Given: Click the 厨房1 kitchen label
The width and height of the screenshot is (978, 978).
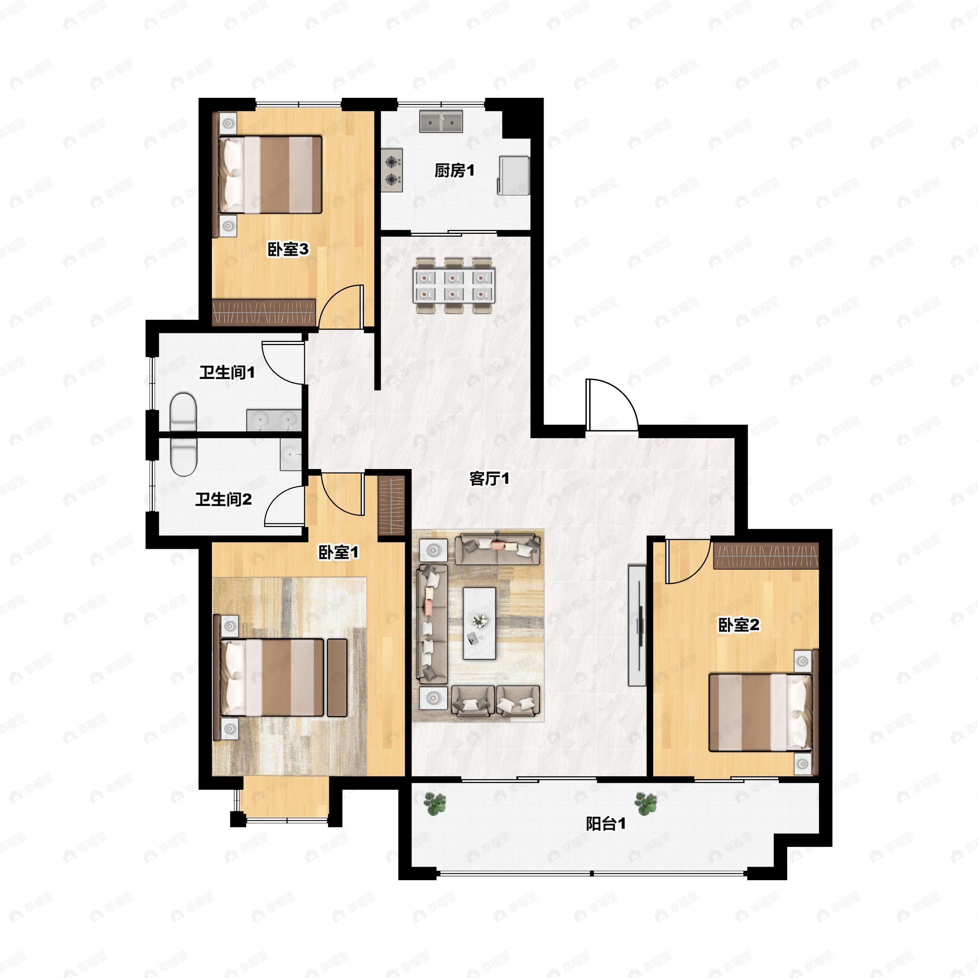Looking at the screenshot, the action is pos(454,171).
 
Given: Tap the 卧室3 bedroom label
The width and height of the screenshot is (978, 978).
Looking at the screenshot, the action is pos(288,249).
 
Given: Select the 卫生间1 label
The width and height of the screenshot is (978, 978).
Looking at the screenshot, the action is pos(227,372).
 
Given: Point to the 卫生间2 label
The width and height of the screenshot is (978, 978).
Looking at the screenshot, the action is pos(223,500).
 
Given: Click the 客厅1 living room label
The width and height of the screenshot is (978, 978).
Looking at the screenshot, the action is pos(489,478).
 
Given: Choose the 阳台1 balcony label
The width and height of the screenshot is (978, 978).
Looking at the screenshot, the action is pos(606,824).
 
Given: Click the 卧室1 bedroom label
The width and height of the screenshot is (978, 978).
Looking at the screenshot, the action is pos(338,552).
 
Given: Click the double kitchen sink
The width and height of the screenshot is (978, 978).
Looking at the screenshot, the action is pos(441,121).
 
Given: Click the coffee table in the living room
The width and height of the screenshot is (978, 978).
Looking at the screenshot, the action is pos(479,623).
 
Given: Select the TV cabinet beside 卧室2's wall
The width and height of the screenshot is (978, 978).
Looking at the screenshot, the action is pos(637,625).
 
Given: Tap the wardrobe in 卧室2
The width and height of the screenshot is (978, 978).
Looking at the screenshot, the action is pos(766,555).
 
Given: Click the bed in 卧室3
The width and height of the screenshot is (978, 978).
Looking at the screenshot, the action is pos(270,174).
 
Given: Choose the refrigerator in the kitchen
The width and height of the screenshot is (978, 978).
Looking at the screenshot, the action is pos(514,175).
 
